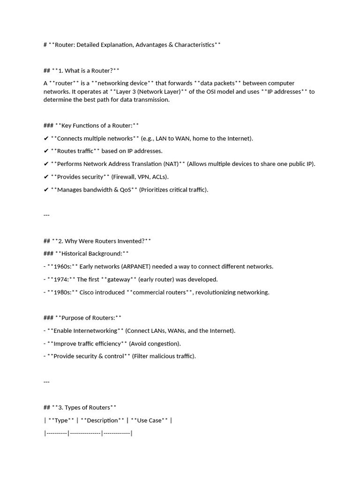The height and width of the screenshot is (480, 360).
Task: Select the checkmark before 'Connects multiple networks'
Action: click(46, 138)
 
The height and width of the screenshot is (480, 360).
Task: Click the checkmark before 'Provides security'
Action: click(46, 177)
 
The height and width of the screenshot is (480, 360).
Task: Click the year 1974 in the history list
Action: click(61, 279)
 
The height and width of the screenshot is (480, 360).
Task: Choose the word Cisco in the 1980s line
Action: click(88, 292)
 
